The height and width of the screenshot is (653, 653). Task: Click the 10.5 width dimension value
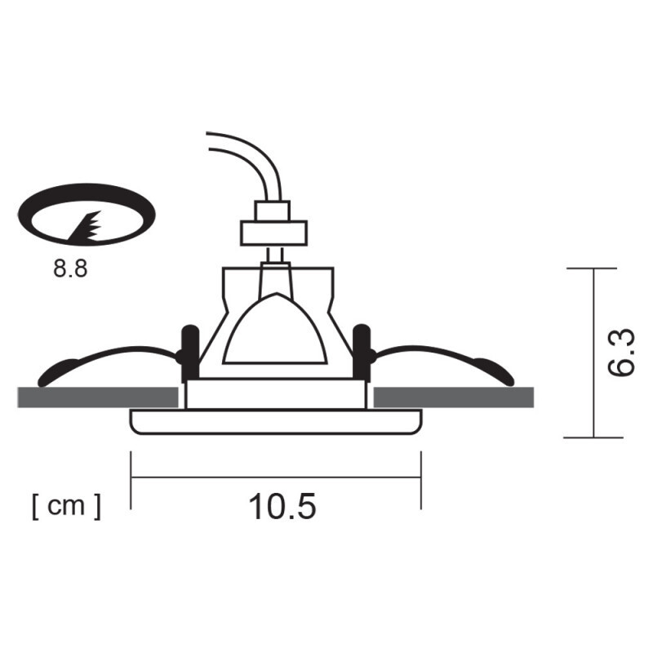click(x=282, y=507)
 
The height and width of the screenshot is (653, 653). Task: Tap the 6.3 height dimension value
click(x=623, y=353)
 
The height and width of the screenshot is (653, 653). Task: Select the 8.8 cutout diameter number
click(x=70, y=269)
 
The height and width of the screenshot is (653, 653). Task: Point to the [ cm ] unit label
click(x=67, y=506)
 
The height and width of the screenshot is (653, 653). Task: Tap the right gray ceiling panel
click(x=453, y=398)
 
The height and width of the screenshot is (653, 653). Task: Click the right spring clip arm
click(x=445, y=356)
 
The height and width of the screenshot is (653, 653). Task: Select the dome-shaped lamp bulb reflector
click(x=275, y=331)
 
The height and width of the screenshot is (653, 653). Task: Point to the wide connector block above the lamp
click(x=273, y=233)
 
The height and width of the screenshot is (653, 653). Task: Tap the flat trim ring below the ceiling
click(x=276, y=422)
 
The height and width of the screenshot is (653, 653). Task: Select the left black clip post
click(x=189, y=351)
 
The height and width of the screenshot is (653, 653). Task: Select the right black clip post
click(x=362, y=351)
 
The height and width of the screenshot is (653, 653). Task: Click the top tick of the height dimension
click(x=591, y=269)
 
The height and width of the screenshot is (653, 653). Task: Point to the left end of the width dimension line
click(x=131, y=478)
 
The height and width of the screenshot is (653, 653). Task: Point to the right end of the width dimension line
click(x=420, y=478)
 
